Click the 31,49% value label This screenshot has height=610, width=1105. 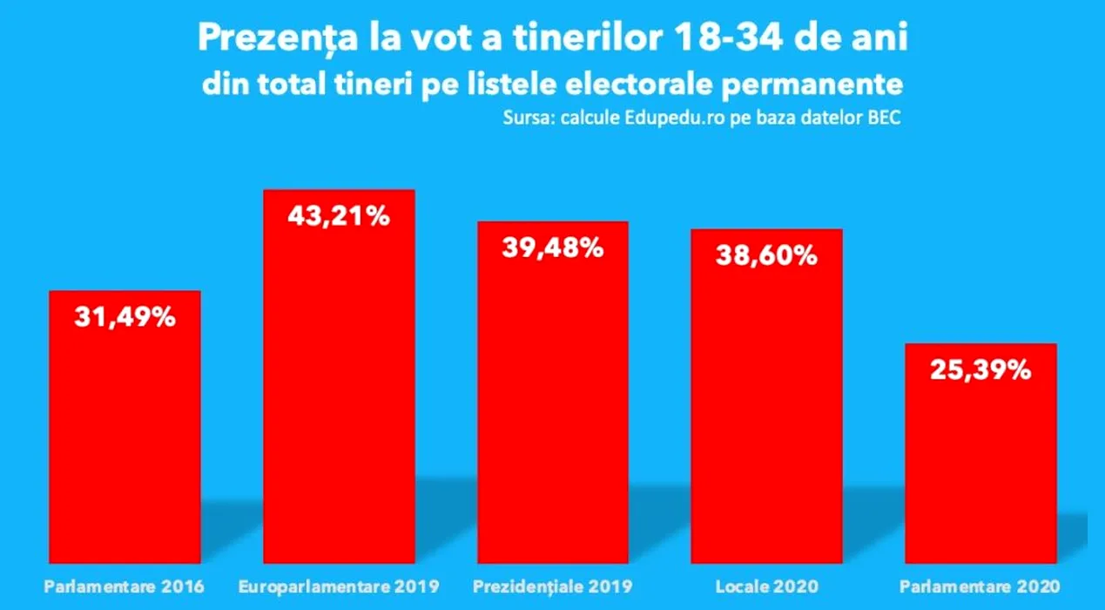point(125,317)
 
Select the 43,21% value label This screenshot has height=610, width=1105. point(339,217)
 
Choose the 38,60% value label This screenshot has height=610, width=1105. point(767,255)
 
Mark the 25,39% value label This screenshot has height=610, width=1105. point(980,369)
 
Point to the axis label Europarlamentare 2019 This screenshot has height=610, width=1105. point(339,586)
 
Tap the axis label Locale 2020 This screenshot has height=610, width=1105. point(767,586)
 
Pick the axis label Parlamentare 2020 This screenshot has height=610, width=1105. point(980,586)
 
